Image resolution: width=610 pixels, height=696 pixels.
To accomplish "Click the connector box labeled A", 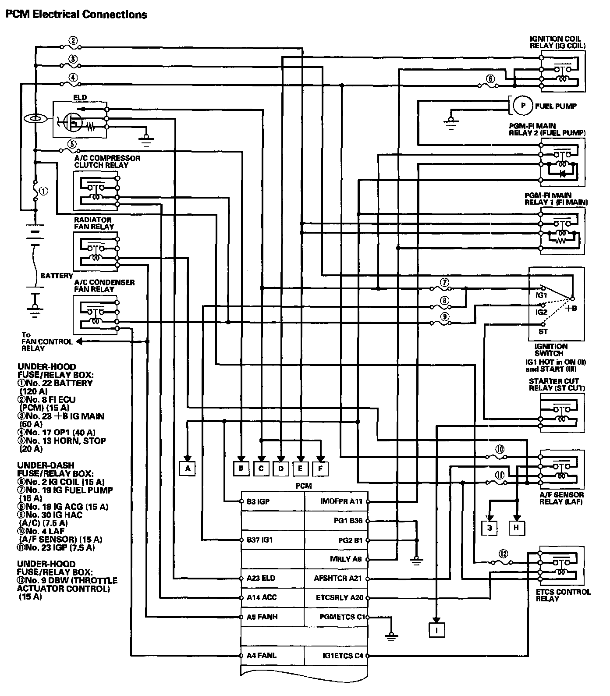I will [x=188, y=469].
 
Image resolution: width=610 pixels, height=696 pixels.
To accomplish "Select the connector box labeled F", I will [x=320, y=469].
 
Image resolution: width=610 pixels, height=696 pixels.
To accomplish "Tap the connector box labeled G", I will [x=489, y=528].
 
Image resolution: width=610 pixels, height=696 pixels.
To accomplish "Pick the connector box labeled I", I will [x=437, y=630].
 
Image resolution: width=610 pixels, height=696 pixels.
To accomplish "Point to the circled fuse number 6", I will [x=490, y=79].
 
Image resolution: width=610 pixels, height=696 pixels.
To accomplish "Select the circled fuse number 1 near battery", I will [x=43, y=191].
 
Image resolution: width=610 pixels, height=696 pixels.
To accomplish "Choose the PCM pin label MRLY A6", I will [x=346, y=559].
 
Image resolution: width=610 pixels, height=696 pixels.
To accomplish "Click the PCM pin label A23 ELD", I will [x=261, y=578].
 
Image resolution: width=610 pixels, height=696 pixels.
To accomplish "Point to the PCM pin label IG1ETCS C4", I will [x=342, y=656].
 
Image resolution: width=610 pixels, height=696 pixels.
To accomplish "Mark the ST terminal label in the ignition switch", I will [x=543, y=331].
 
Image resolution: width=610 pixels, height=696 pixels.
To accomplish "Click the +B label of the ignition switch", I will [x=571, y=308].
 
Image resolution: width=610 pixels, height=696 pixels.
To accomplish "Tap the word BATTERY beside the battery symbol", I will [x=57, y=276].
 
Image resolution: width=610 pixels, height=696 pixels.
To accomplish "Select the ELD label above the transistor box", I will [x=80, y=97].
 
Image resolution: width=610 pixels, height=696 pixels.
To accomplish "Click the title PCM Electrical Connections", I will [x=75, y=14].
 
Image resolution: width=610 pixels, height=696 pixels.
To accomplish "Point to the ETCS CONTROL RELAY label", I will [x=563, y=595].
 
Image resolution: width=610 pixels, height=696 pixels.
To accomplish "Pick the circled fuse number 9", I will [x=445, y=316].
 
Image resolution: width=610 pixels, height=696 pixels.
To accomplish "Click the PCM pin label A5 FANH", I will [x=262, y=617].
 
